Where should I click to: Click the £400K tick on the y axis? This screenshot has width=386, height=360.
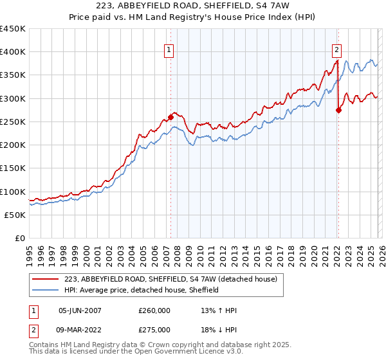(13, 52)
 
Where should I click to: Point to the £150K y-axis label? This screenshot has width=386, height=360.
(13, 168)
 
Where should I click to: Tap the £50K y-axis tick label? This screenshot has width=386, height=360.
(15, 215)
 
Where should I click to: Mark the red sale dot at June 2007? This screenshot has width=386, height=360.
(170, 117)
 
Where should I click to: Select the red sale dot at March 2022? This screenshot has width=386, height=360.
(338, 110)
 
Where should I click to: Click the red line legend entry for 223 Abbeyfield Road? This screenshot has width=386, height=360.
(170, 279)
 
